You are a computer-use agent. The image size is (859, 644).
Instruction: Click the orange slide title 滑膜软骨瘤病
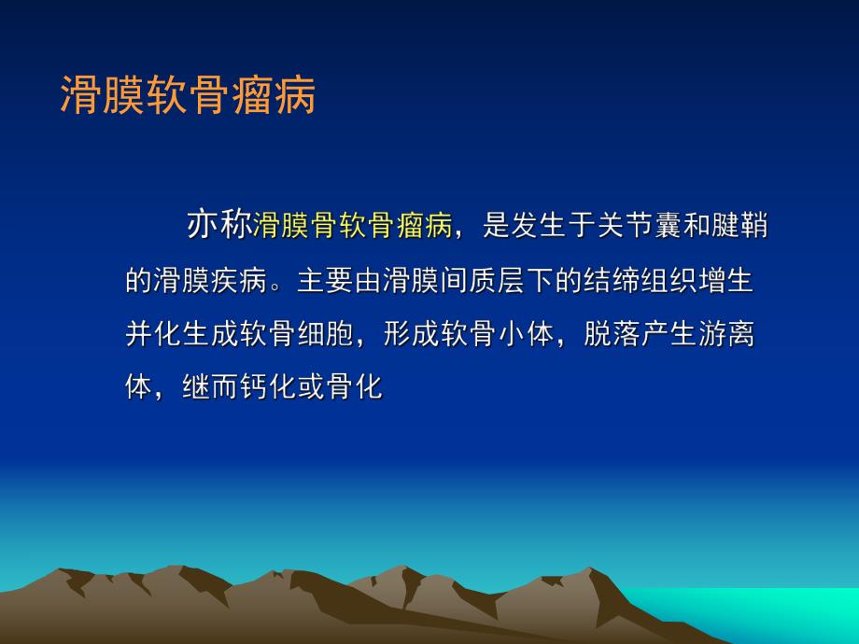pyautogui.click(x=188, y=95)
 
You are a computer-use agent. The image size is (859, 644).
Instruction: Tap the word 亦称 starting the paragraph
pyautogui.click(x=218, y=225)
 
